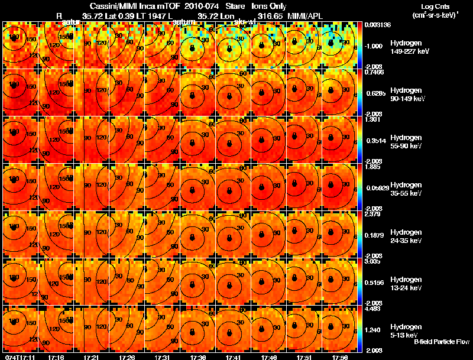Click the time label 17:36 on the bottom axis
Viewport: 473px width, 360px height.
198,357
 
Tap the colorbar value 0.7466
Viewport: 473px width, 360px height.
375,72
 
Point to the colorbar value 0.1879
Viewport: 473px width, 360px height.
375,235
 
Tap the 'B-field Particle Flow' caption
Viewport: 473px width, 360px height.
442,342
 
